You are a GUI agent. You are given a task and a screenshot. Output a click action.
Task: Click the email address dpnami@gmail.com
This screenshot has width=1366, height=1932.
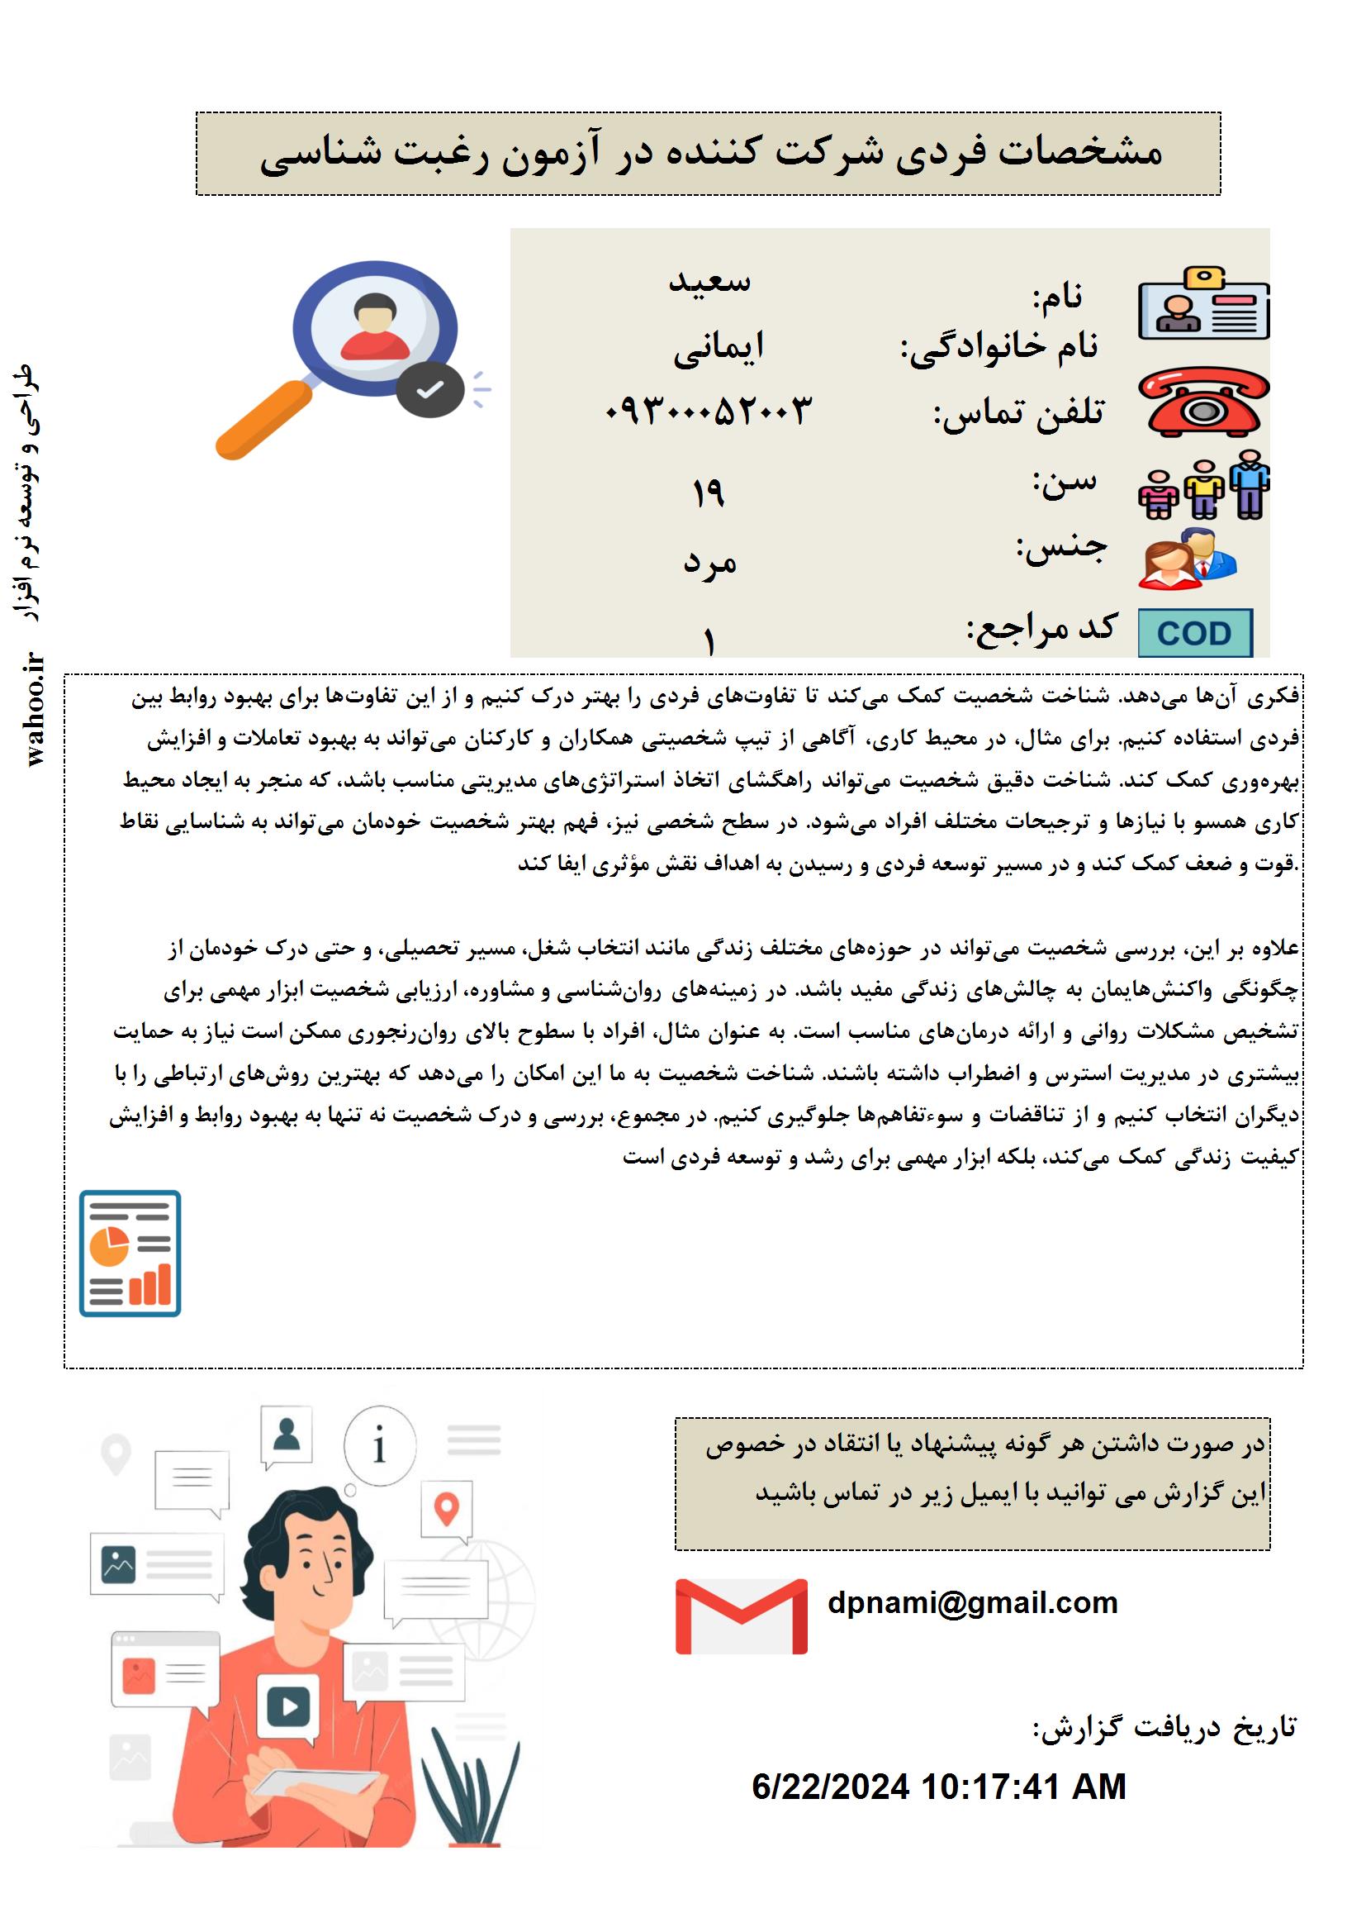pos(972,1603)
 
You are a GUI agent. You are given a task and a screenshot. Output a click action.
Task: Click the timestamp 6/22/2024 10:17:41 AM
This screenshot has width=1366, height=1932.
pos(939,1787)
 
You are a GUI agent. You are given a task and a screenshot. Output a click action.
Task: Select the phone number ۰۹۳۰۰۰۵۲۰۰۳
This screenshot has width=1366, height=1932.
pos(709,411)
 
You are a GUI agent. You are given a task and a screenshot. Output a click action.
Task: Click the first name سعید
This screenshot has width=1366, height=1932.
pos(709,281)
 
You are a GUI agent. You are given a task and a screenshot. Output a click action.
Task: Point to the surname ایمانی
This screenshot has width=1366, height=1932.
pos(719,347)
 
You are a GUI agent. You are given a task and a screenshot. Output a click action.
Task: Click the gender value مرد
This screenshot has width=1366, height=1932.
pos(709,562)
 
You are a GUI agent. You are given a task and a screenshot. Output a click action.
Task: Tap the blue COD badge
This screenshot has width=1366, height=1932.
pos(1194,633)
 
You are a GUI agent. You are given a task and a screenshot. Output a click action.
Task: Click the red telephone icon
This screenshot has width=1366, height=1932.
pos(1203,402)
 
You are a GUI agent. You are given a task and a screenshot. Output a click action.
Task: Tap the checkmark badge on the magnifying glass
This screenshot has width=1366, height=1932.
pos(429,389)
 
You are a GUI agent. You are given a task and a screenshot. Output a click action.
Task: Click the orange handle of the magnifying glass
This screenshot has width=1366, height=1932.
pos(263,420)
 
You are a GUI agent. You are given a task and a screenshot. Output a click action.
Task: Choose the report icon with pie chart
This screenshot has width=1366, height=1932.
pos(130,1253)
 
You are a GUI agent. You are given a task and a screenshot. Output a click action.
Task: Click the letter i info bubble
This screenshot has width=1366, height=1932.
pos(379,1444)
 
